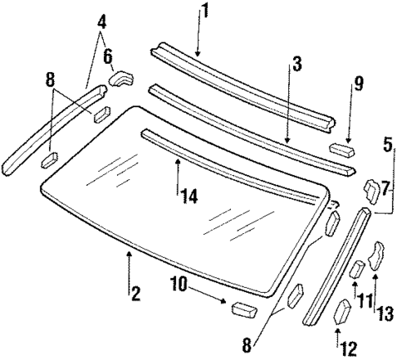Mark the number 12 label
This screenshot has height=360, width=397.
click(x=348, y=348)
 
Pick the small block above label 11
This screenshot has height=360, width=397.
click(x=358, y=269)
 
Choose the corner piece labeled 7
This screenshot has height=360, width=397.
click(x=370, y=190)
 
